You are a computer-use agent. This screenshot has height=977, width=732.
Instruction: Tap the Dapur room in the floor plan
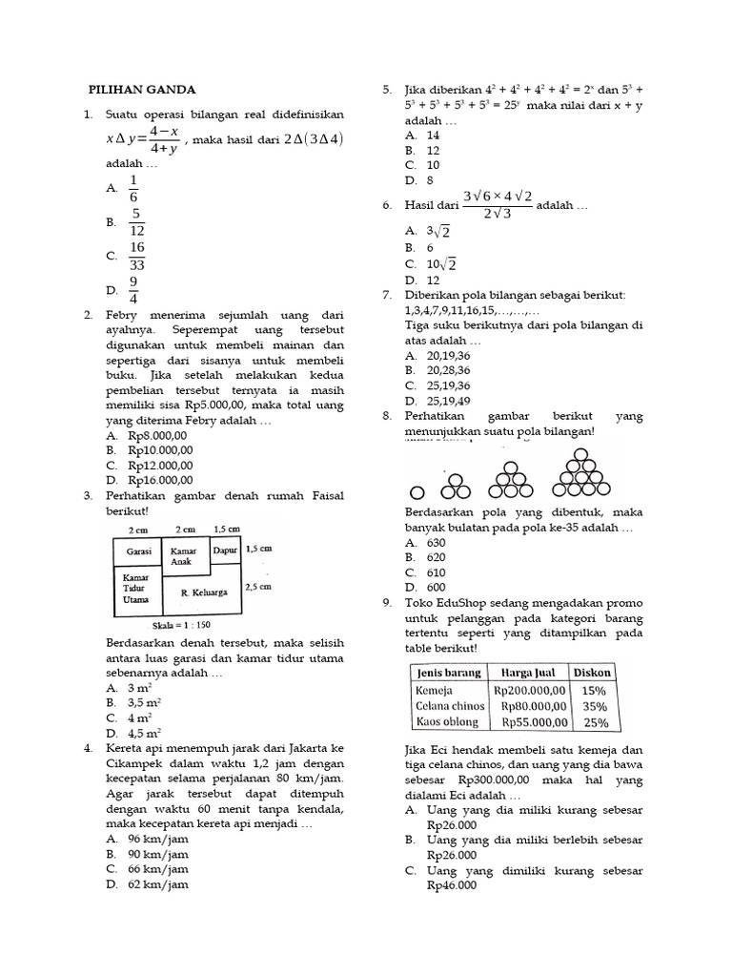225,551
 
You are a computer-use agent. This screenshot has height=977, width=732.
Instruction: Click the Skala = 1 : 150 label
183,626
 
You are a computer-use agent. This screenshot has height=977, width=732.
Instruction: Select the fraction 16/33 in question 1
137,256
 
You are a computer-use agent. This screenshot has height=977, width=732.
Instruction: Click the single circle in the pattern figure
417,493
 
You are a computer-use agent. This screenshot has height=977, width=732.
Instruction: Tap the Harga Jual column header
529,672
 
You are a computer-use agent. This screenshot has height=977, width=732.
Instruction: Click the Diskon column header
594,672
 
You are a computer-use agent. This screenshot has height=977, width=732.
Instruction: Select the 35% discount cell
594,706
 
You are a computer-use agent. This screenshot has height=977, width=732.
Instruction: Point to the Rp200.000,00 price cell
529,690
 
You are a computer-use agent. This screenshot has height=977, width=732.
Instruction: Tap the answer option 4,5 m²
144,733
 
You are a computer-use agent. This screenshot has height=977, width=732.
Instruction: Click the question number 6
387,205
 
